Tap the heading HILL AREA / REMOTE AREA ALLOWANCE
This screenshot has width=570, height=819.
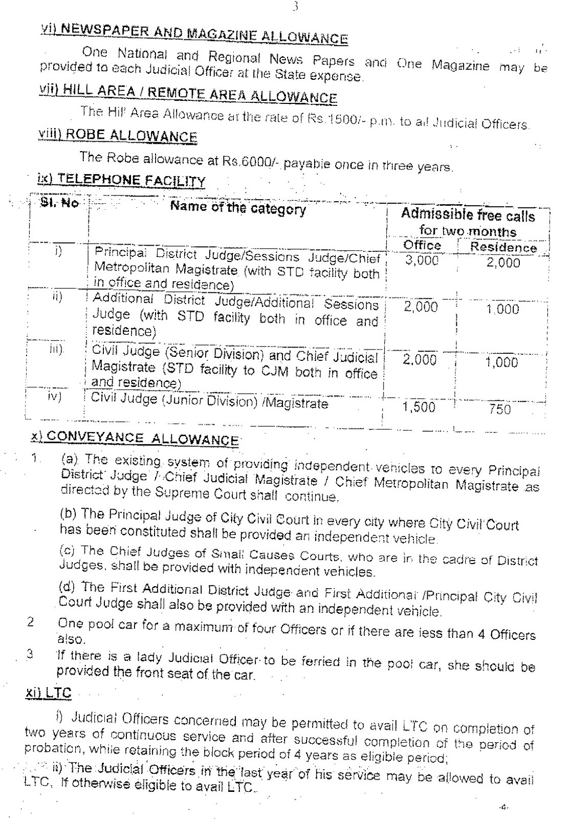(x=188, y=93)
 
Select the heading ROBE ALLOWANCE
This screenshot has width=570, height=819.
(x=118, y=135)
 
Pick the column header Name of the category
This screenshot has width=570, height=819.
(x=238, y=208)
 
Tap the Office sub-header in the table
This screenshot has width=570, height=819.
(x=422, y=245)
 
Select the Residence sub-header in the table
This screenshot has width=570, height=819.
(x=503, y=247)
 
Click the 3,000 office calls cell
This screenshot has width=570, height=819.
(x=422, y=261)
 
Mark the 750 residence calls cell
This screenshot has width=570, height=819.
(x=500, y=409)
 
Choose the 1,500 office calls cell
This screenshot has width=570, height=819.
(x=419, y=407)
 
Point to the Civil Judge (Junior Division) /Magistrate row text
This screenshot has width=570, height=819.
(x=209, y=401)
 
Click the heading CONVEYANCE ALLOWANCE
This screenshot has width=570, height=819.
(x=135, y=438)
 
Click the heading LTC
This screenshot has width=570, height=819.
(x=49, y=693)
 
